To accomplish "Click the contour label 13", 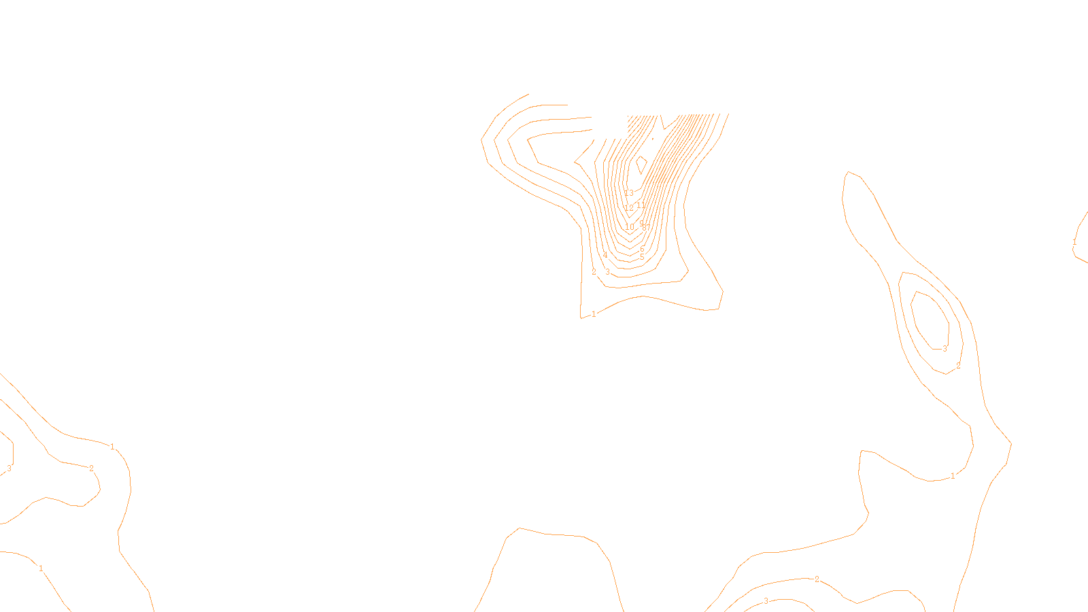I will (x=629, y=194).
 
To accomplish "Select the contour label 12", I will (x=629, y=208).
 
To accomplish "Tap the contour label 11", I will (x=641, y=205).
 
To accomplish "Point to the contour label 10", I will (x=629, y=227).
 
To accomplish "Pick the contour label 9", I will (x=641, y=223).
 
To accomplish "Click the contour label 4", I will (x=605, y=256).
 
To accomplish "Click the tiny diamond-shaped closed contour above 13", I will (x=641, y=164).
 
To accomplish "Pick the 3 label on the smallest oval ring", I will (x=945, y=349).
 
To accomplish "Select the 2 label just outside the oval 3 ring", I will (x=958, y=366).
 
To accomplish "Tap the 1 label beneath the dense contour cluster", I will (x=594, y=314).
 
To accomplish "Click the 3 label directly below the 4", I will (x=607, y=272).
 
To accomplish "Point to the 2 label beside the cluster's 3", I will (x=594, y=272).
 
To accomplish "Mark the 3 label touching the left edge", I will (x=9, y=469).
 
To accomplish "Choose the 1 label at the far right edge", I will (x=1074, y=243).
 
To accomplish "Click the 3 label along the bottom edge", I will (x=766, y=601).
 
